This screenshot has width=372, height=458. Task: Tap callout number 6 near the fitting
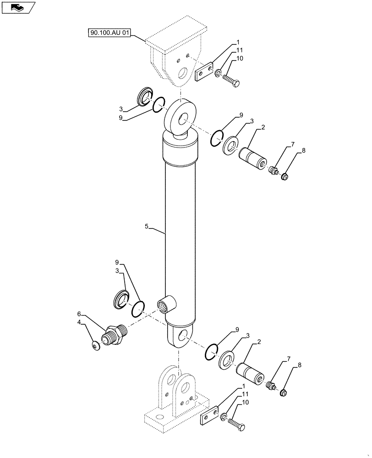point(79,315)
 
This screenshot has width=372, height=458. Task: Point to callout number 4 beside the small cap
point(79,322)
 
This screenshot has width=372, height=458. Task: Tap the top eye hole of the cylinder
point(182,120)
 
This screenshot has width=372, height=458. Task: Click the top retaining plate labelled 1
point(204,71)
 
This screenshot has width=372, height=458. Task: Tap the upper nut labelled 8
point(284,175)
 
